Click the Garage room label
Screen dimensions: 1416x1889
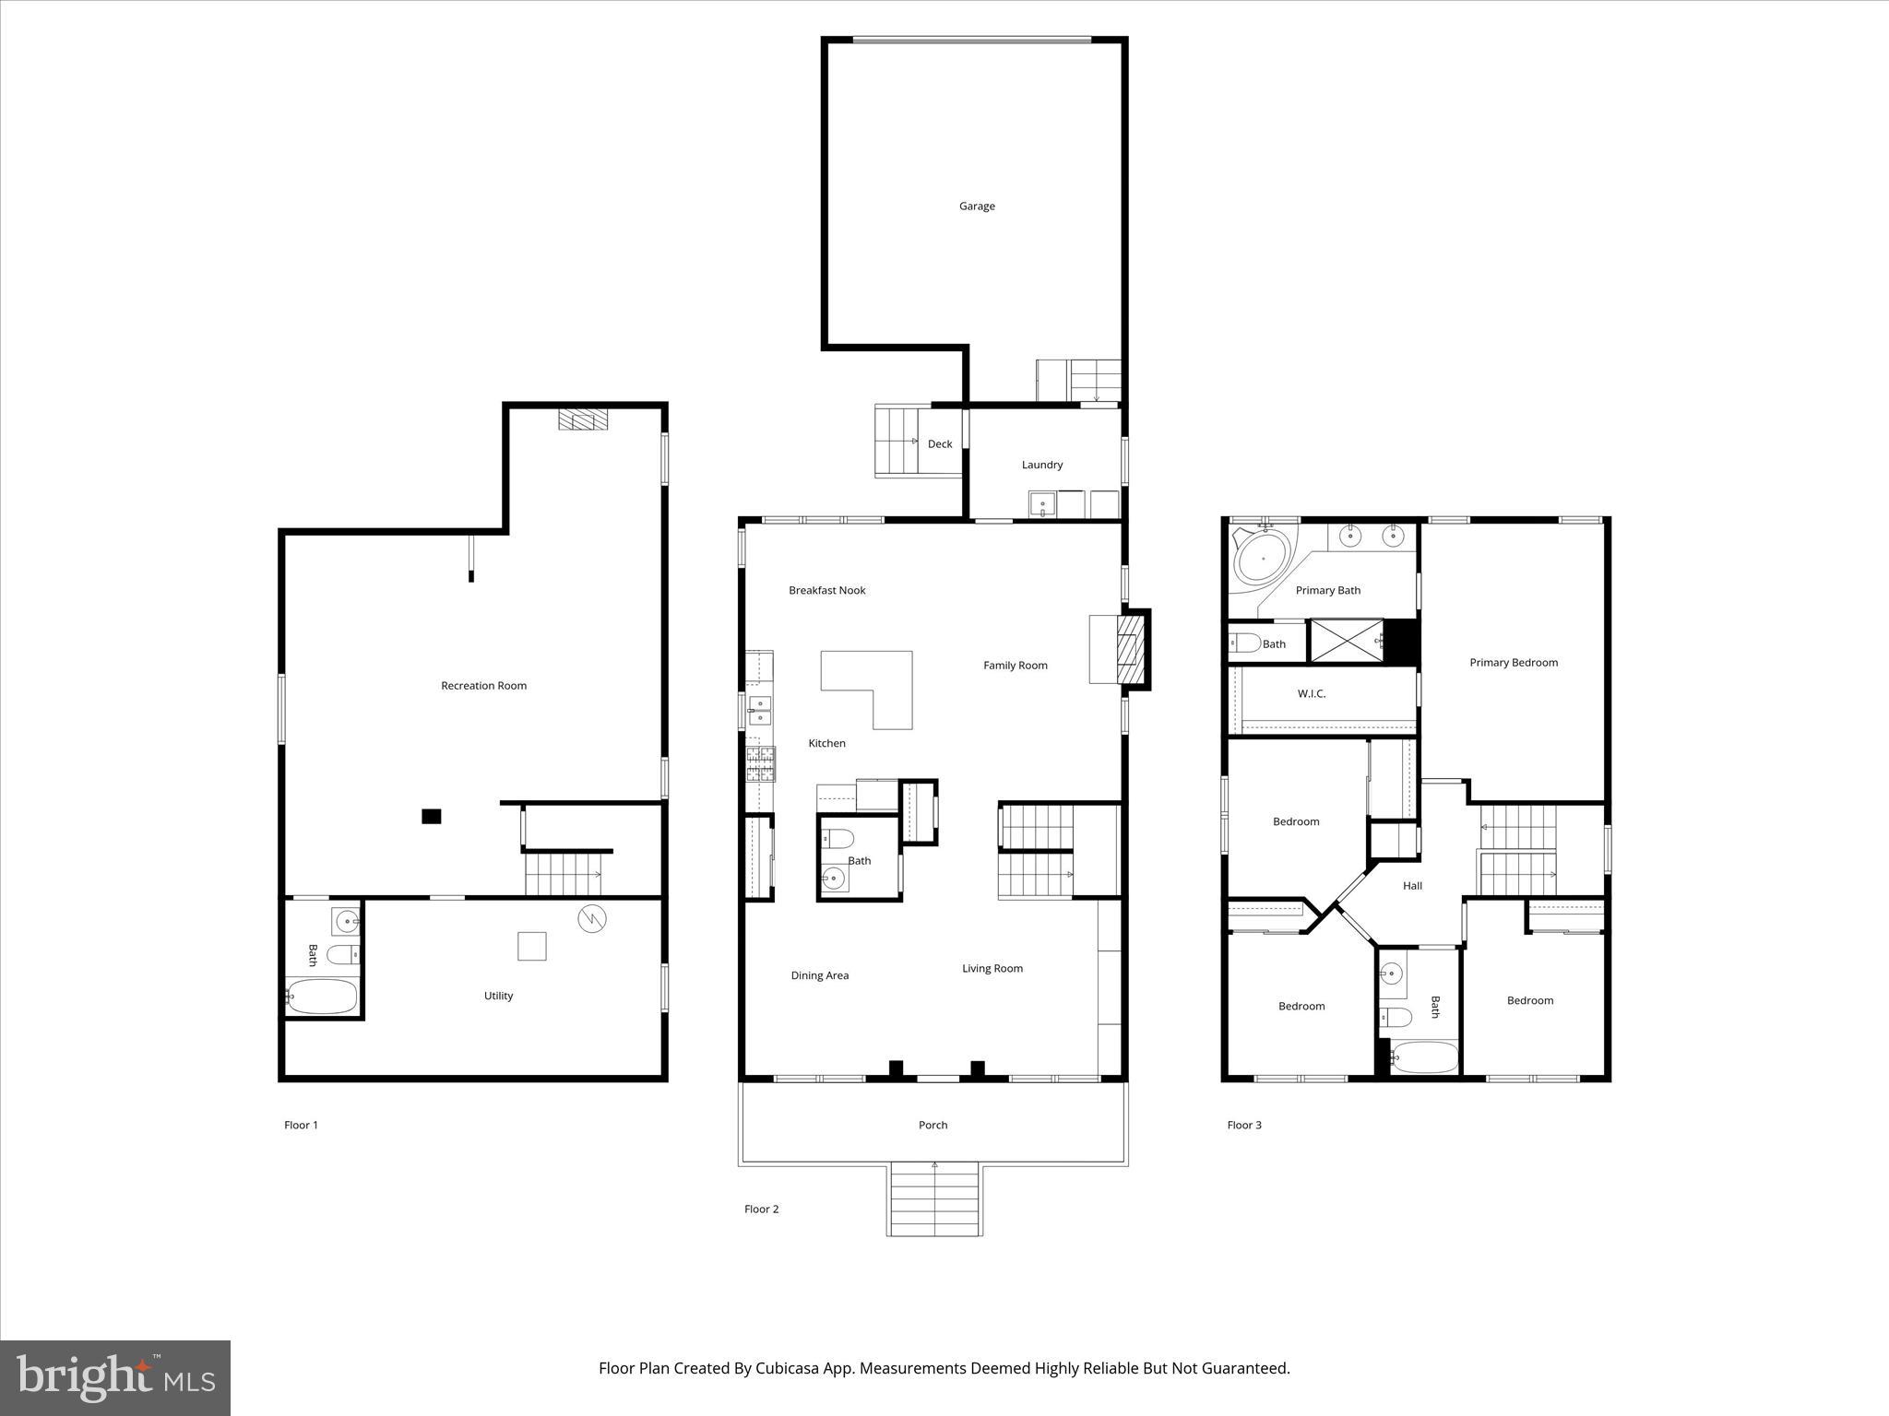(977, 206)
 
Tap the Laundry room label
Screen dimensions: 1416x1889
(1041, 466)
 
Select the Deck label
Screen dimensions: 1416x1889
(940, 444)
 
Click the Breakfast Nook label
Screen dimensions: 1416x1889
(826, 591)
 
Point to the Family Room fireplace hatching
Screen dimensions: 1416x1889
(1129, 651)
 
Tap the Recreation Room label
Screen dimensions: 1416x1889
(483, 686)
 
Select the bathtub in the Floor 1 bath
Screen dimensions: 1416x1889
(320, 997)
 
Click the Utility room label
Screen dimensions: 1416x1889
(498, 996)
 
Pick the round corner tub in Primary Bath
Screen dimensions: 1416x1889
(1263, 557)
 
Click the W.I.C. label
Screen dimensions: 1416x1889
(1311, 694)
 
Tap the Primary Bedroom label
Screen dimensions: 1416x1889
(1513, 663)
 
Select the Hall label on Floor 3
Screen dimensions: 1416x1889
(1412, 886)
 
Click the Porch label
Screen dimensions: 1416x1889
(933, 1125)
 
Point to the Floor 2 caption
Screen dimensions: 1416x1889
(761, 1209)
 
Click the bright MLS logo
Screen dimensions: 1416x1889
(115, 1378)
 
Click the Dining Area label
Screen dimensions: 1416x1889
(819, 975)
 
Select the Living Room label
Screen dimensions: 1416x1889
(992, 969)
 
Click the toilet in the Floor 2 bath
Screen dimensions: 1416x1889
(839, 839)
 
